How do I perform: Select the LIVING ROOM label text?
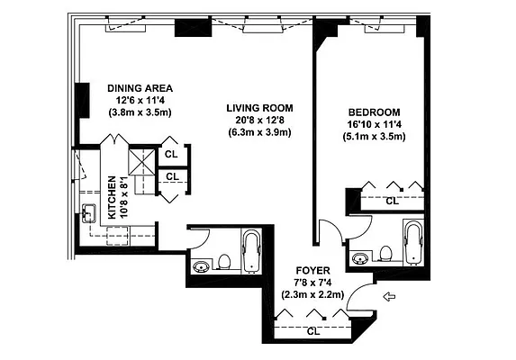[x=255, y=108]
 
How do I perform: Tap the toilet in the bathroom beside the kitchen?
[x=224, y=261]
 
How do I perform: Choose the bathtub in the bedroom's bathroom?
[x=414, y=243]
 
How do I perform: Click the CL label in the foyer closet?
[x=312, y=331]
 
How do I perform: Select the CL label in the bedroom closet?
[x=391, y=202]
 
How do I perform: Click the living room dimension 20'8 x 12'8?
[x=255, y=121]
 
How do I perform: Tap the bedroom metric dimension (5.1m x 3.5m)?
[x=374, y=136]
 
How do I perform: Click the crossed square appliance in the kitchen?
[x=141, y=162]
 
